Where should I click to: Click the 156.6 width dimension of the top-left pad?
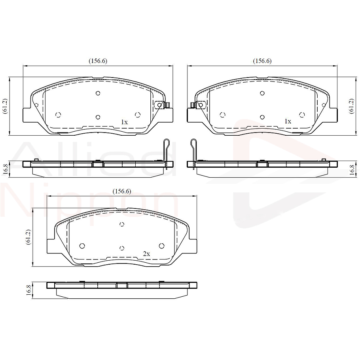pyautogui.click(x=98, y=61)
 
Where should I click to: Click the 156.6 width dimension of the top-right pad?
pyautogui.click(x=262, y=61)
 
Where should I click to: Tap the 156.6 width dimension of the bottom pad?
pyautogui.click(x=121, y=191)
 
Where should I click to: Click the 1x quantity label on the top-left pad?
pyautogui.click(x=124, y=122)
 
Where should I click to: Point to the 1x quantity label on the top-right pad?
pyautogui.click(x=288, y=121)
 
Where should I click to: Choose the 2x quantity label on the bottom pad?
pyautogui.click(x=146, y=253)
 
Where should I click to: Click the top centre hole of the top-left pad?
pyautogui.click(x=98, y=93)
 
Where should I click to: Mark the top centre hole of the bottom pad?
pyautogui.click(x=122, y=224)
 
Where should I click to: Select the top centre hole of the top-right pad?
pyautogui.click(x=262, y=93)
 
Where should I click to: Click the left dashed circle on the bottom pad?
pyautogui.click(x=82, y=246)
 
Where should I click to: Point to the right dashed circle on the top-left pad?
pyautogui.click(x=138, y=115)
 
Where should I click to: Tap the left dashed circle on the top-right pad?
pyautogui.click(x=222, y=115)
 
